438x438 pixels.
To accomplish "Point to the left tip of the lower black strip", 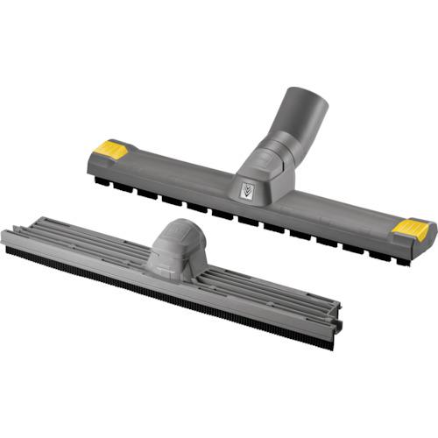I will (x=9, y=251).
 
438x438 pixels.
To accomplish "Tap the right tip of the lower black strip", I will (x=331, y=346).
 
